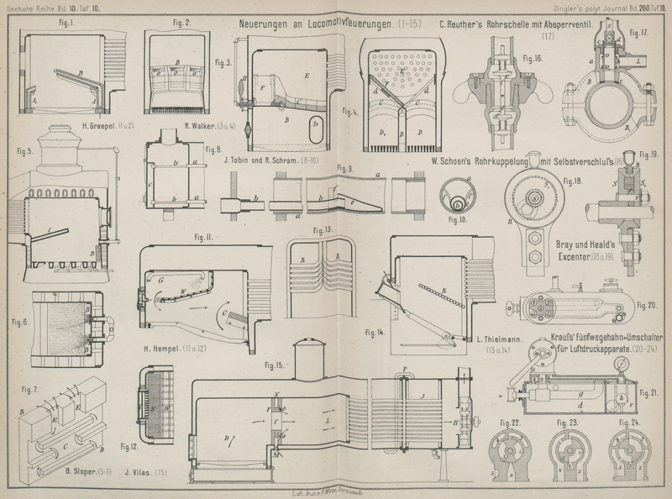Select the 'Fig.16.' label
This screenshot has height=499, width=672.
coord(533,59)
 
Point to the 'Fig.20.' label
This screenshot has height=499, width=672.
coord(647,304)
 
